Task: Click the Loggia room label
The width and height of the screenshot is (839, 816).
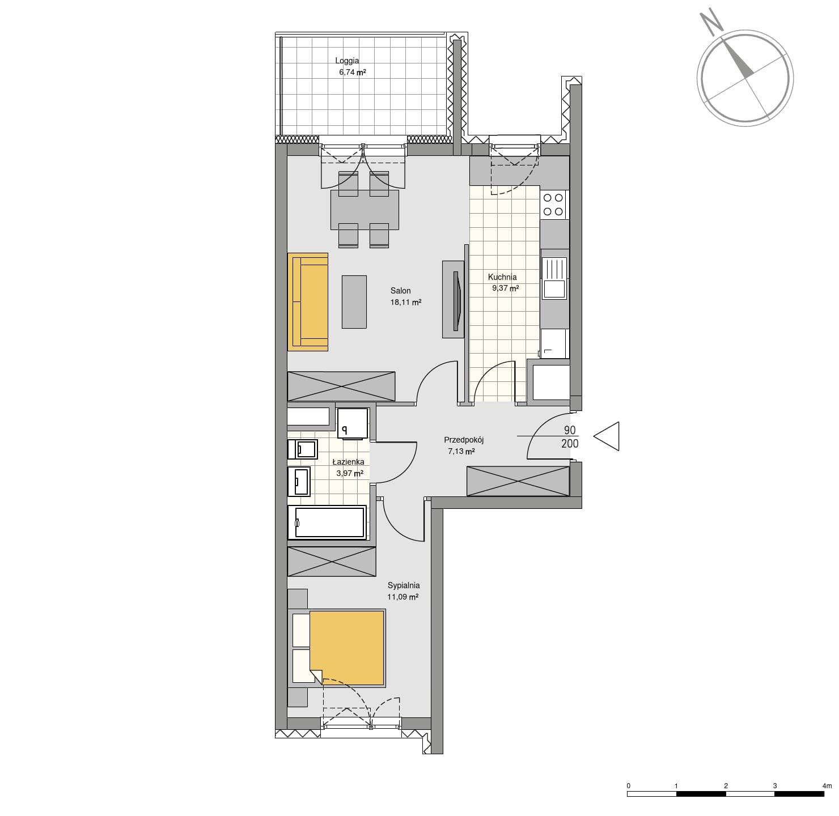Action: point(346,61)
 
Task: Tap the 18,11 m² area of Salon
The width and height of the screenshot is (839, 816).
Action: point(406,302)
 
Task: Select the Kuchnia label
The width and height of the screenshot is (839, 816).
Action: point(502,277)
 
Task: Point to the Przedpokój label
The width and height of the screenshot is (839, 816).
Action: point(464,440)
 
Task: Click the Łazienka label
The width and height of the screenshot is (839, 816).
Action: point(348,462)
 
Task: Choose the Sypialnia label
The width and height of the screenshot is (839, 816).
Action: point(403,585)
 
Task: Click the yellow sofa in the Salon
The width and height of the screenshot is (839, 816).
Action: point(308,301)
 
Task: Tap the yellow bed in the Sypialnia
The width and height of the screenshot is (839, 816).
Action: point(346,648)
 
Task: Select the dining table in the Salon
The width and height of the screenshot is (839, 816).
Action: point(365,210)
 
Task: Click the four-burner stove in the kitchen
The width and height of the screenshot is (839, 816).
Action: point(554,205)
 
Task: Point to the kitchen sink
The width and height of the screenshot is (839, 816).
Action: point(554,278)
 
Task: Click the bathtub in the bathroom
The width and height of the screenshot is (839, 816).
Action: point(327,522)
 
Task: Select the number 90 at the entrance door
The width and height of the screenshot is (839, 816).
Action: point(570,430)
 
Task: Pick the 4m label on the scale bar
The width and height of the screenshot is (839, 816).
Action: point(827,786)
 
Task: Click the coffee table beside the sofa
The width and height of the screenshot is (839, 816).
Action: point(354,301)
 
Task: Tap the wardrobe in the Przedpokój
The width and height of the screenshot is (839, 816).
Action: point(518,481)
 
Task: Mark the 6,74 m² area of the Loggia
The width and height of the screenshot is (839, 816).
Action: point(352,72)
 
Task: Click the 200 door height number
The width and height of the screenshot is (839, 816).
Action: point(570,443)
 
